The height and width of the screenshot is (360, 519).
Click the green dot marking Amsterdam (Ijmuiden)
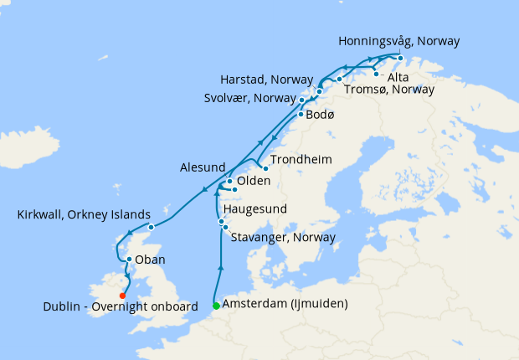216,305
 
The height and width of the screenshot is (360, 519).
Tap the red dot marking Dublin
123,295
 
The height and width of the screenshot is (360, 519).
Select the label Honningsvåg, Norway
398,41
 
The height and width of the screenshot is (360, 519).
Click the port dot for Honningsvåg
400,58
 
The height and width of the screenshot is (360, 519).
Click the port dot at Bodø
301,113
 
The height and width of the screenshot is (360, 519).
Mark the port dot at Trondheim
265,167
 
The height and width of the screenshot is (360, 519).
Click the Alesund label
203,167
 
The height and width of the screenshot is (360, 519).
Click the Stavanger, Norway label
282,238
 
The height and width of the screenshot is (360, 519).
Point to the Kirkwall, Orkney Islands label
84,214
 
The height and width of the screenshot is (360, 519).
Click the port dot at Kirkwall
151,227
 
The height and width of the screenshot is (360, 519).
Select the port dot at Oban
128,260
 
